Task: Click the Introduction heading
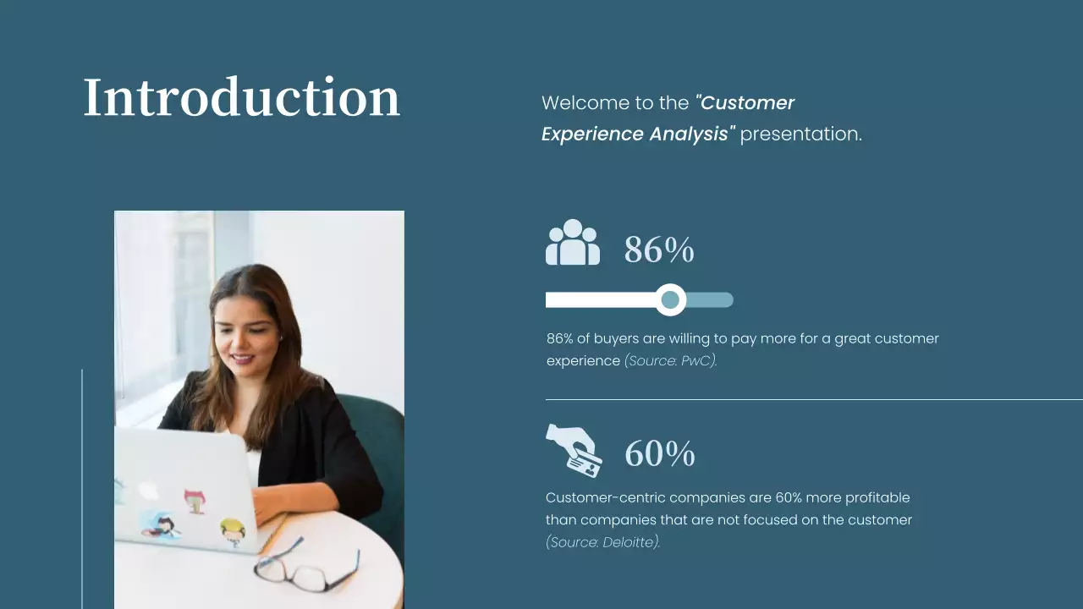click(241, 97)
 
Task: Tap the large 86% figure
click(659, 250)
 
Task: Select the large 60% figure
click(660, 454)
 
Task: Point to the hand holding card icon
click(574, 450)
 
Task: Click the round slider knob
click(670, 299)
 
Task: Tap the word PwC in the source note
click(698, 361)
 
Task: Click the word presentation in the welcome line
click(800, 134)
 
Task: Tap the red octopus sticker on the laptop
click(195, 500)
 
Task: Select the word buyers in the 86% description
click(616, 338)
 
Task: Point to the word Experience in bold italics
click(591, 134)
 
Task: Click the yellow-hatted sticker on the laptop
click(233, 531)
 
